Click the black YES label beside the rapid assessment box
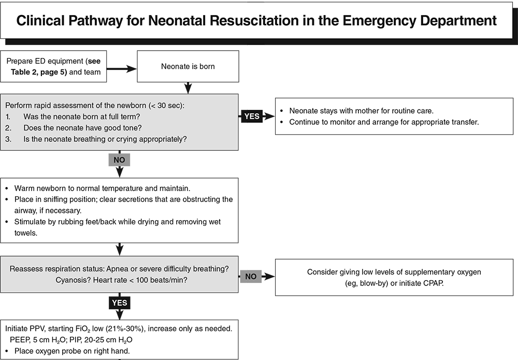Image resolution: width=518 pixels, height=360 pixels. [x=252, y=116]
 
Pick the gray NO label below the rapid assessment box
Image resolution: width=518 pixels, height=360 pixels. [x=119, y=160]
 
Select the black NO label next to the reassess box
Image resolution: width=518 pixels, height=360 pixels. [x=251, y=277]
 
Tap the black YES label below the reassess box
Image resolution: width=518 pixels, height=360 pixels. [x=119, y=303]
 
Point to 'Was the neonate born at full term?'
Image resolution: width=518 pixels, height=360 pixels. [x=82, y=117]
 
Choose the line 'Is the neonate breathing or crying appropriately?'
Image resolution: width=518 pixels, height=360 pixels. [x=105, y=139]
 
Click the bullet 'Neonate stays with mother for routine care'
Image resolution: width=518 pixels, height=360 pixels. [x=363, y=111]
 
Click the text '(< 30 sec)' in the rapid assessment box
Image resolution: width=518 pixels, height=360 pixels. [x=167, y=106]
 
